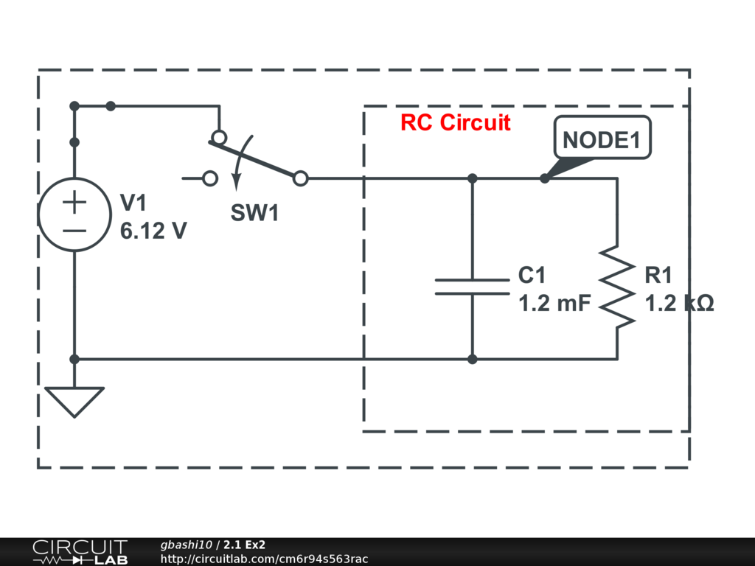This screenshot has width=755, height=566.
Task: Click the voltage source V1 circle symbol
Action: point(74,214)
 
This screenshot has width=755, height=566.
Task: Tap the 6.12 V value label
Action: point(153,231)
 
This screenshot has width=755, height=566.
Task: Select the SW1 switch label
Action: point(254,214)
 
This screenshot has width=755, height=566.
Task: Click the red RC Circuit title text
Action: point(455,122)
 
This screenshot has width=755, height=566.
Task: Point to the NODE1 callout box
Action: point(602,139)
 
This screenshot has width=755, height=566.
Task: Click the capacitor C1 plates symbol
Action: point(472,287)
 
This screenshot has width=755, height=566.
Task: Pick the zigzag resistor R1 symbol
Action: point(617,287)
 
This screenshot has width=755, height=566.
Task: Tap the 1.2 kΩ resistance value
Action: point(679,303)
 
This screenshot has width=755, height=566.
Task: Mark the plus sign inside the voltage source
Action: point(74,201)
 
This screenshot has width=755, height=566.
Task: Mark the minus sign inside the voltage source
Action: point(74,229)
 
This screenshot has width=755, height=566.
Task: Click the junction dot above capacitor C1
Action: point(472,178)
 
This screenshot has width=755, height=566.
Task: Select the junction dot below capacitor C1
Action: point(472,359)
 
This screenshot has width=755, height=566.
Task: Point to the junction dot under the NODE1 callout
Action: point(544,178)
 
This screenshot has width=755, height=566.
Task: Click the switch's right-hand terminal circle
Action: point(300,178)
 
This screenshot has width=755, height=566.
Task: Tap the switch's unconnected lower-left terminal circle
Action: point(210,178)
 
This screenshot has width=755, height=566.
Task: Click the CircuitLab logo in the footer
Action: point(80,552)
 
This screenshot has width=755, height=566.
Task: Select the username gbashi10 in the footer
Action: point(187,545)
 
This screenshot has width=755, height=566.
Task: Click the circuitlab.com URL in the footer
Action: point(264,559)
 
